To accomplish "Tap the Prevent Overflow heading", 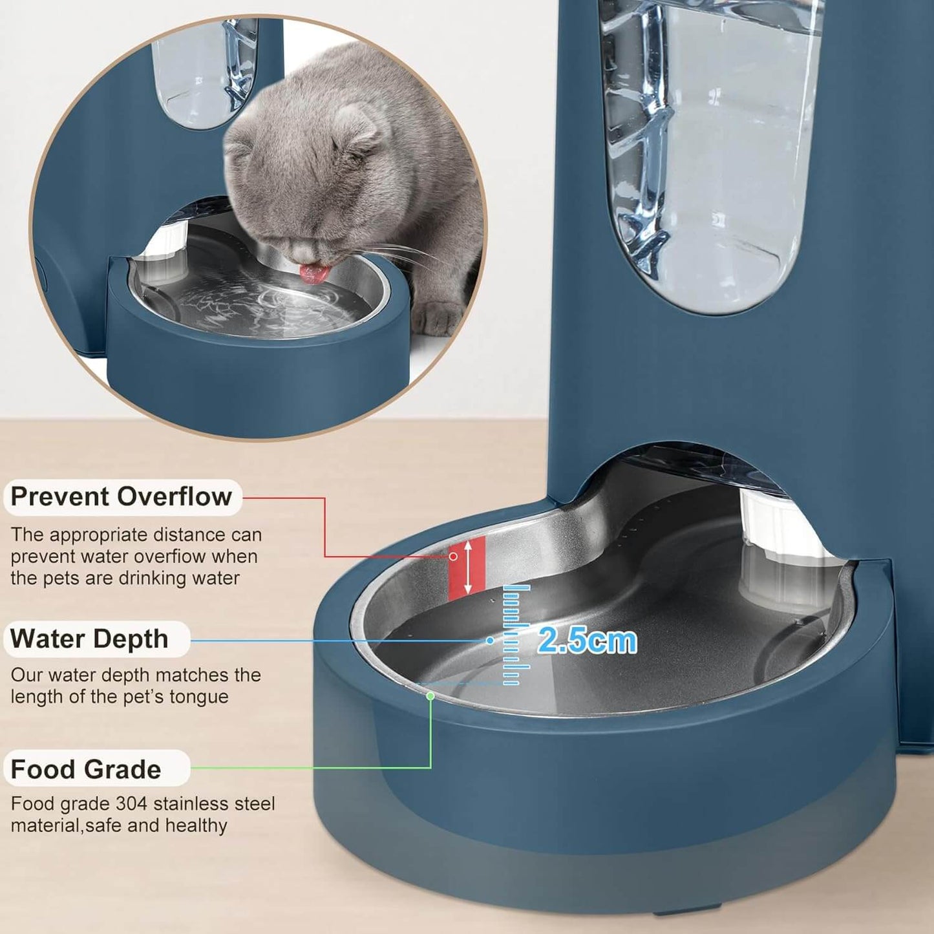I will [122, 496].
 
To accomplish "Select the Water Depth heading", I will [90, 639].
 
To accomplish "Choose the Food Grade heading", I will [86, 769].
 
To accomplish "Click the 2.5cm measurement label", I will [587, 640].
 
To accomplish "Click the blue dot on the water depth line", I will [490, 640].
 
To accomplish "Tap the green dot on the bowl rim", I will [430, 695].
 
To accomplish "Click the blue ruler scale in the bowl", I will [514, 634].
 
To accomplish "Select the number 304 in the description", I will [132, 803].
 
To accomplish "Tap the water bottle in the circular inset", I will [200, 71].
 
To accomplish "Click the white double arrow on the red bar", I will [468, 567].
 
